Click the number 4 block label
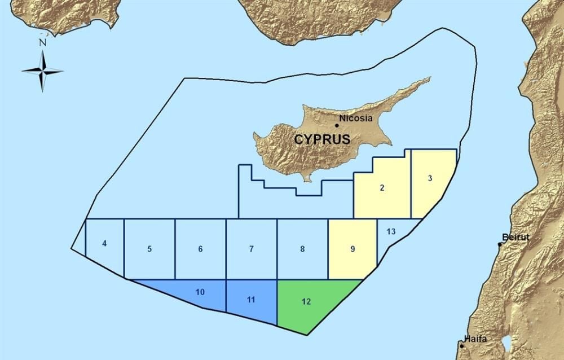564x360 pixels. [x=104, y=244]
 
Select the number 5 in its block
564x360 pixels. [x=149, y=249]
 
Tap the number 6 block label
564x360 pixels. [x=200, y=249]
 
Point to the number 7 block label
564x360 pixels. [x=252, y=249]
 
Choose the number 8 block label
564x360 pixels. [x=302, y=249]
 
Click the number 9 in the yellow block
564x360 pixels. [x=352, y=249]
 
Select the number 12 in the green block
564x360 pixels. [x=306, y=301]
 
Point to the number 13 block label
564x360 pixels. [x=391, y=231]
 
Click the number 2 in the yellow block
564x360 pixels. [x=382, y=187]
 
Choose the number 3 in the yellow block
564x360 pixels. [x=430, y=179]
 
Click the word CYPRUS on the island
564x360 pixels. [x=322, y=139]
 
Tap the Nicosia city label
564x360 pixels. [x=356, y=119]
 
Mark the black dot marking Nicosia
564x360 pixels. [x=337, y=125]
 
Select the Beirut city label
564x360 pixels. [x=517, y=238]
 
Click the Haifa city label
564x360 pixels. [x=475, y=339]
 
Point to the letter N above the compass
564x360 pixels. [x=42, y=42]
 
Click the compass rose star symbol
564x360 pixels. [x=42, y=71]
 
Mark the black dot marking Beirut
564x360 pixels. [x=500, y=244]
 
